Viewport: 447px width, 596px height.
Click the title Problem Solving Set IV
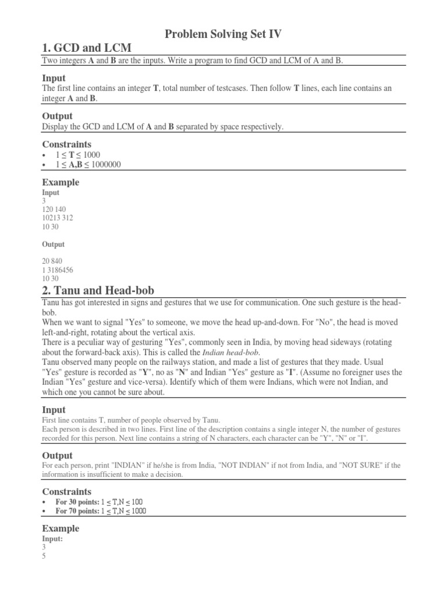click(x=223, y=34)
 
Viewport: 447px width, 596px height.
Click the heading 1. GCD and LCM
click(x=87, y=48)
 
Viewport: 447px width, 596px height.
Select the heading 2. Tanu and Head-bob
click(x=98, y=290)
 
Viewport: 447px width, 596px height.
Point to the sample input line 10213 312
click(x=58, y=218)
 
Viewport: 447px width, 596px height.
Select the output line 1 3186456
click(x=58, y=271)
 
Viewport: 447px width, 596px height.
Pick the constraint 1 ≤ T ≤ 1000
click(x=78, y=155)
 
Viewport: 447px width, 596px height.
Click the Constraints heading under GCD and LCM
click(x=67, y=144)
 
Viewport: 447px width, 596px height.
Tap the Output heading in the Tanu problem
click(x=58, y=455)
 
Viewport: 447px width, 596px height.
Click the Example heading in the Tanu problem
click(x=61, y=528)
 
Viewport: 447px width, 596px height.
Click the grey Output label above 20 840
click(x=54, y=244)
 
